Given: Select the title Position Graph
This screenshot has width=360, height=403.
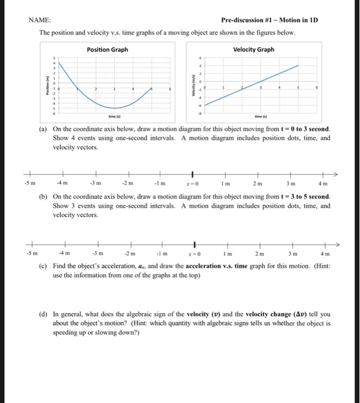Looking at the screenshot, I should pos(107,50).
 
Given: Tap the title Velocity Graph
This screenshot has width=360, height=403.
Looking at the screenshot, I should pos(254,50).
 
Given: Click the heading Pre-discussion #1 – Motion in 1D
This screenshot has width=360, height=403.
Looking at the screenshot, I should pos(269,20).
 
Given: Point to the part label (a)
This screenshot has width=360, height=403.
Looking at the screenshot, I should pos(43,130).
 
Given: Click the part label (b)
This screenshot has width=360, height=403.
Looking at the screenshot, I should pos(43,197).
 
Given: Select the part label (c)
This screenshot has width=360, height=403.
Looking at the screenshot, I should pos(43,265).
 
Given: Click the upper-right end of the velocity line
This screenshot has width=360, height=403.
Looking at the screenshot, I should pos(298,66).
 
